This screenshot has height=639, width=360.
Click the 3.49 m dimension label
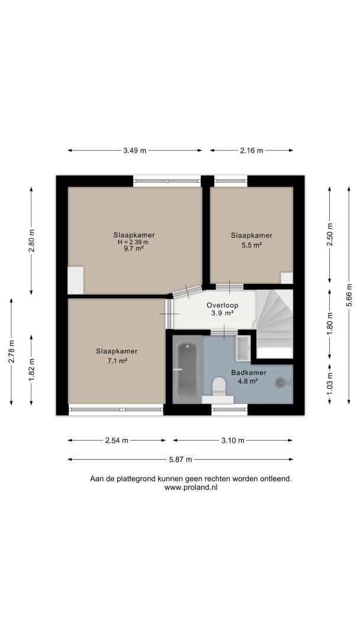point(134,150)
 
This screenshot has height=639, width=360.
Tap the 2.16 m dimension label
point(252,150)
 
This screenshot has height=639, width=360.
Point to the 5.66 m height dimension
point(349,295)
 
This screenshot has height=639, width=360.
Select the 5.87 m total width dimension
point(180,459)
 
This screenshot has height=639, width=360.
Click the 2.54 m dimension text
point(117,440)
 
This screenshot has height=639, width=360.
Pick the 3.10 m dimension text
point(233,440)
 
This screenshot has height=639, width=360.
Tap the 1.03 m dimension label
point(329,384)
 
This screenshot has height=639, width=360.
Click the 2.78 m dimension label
point(11,351)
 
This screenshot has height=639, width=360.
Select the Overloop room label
point(222,305)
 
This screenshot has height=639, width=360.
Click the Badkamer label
point(249,373)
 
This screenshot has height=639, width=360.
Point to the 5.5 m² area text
point(252,245)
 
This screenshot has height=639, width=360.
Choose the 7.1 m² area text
point(117,361)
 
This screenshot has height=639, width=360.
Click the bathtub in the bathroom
point(187,369)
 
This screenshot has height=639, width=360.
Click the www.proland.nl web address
point(191,488)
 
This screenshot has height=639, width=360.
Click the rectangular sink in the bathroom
point(243,348)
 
